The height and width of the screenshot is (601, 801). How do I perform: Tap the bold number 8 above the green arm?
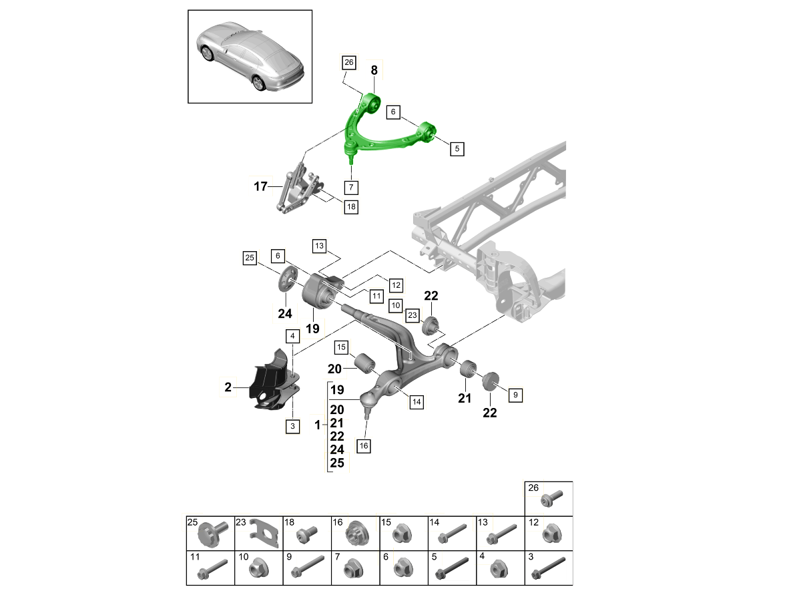[374, 69]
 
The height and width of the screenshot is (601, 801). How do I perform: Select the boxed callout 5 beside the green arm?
[457, 148]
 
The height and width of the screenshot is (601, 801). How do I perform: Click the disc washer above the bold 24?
[287, 278]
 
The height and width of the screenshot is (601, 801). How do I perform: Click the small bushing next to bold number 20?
[366, 363]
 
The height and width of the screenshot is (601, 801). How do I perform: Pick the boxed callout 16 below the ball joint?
[363, 445]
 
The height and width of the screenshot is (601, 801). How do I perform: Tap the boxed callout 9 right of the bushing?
[515, 395]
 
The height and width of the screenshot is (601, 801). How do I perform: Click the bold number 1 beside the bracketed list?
[317, 425]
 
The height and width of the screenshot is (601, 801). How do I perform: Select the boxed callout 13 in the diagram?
[319, 246]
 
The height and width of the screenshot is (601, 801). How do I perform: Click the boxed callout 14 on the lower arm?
[416, 401]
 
